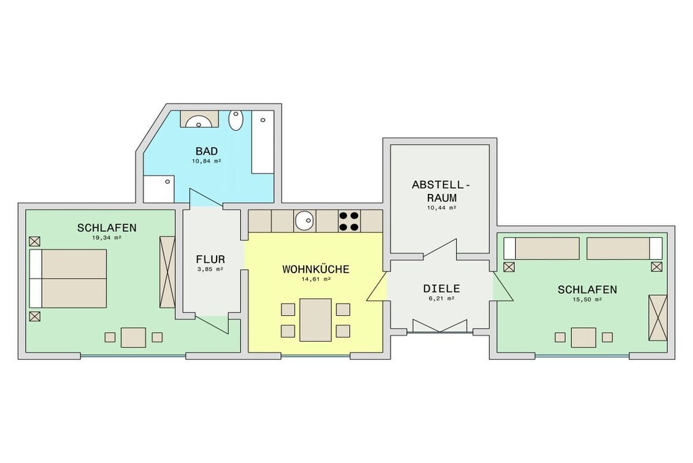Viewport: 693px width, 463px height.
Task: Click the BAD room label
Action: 206,151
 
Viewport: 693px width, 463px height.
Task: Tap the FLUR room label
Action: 210,260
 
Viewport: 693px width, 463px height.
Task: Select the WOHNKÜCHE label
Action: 315,270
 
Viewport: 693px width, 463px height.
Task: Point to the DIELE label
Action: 441,289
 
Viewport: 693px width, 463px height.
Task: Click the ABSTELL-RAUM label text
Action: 441,191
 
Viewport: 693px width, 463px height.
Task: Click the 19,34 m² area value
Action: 106,237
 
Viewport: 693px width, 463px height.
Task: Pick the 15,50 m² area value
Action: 587,299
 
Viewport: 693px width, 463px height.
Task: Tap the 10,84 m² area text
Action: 206,161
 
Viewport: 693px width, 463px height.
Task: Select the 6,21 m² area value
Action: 441,298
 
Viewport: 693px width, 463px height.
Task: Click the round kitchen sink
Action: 305,220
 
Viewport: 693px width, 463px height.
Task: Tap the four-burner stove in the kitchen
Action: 349,221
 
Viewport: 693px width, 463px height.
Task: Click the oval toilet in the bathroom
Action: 236,120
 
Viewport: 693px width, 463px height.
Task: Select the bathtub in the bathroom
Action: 263,142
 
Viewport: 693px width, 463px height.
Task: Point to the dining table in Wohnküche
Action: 315,319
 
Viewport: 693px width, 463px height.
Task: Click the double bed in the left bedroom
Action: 68,279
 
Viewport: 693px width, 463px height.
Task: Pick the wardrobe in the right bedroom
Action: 658,317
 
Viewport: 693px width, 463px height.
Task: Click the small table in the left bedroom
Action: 133,338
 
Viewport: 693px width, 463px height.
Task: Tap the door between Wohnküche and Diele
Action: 377,286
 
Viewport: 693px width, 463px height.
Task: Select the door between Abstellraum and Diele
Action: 440,248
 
